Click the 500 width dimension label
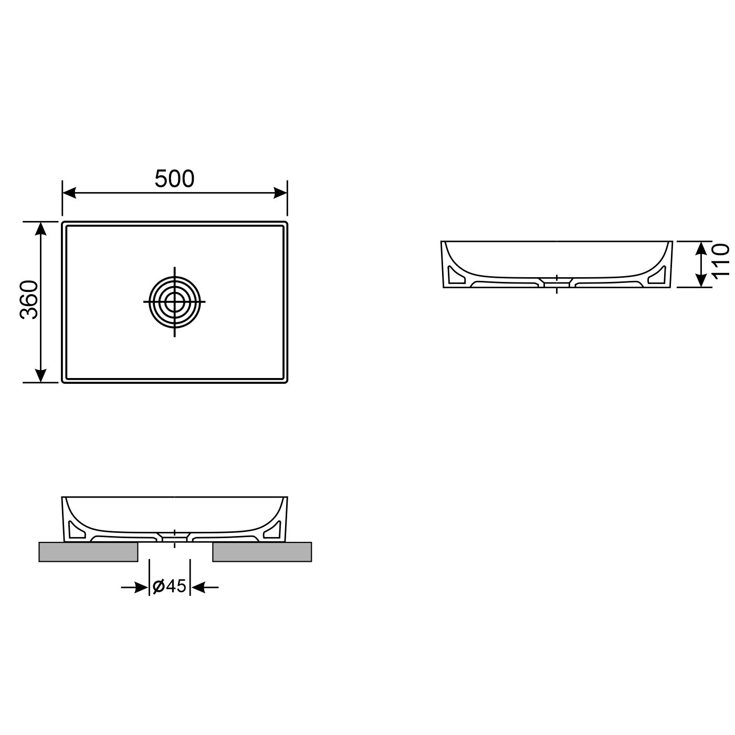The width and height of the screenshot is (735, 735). click(174, 179)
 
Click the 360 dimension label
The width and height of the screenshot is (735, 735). click(30, 300)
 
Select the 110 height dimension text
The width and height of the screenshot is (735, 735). click(721, 260)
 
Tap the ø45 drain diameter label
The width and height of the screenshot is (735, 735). click(169, 586)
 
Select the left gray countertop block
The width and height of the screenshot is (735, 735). click(88, 552)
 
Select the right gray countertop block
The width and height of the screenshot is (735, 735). click(262, 552)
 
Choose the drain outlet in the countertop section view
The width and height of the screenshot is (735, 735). click(174, 538)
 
